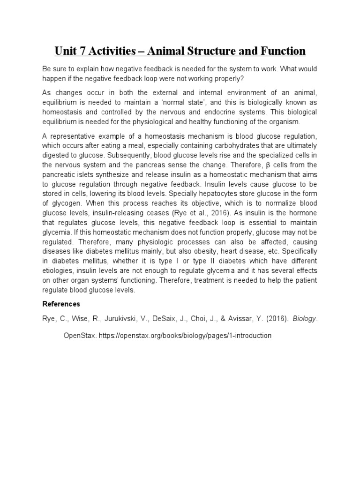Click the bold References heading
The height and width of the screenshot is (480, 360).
[61, 304]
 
